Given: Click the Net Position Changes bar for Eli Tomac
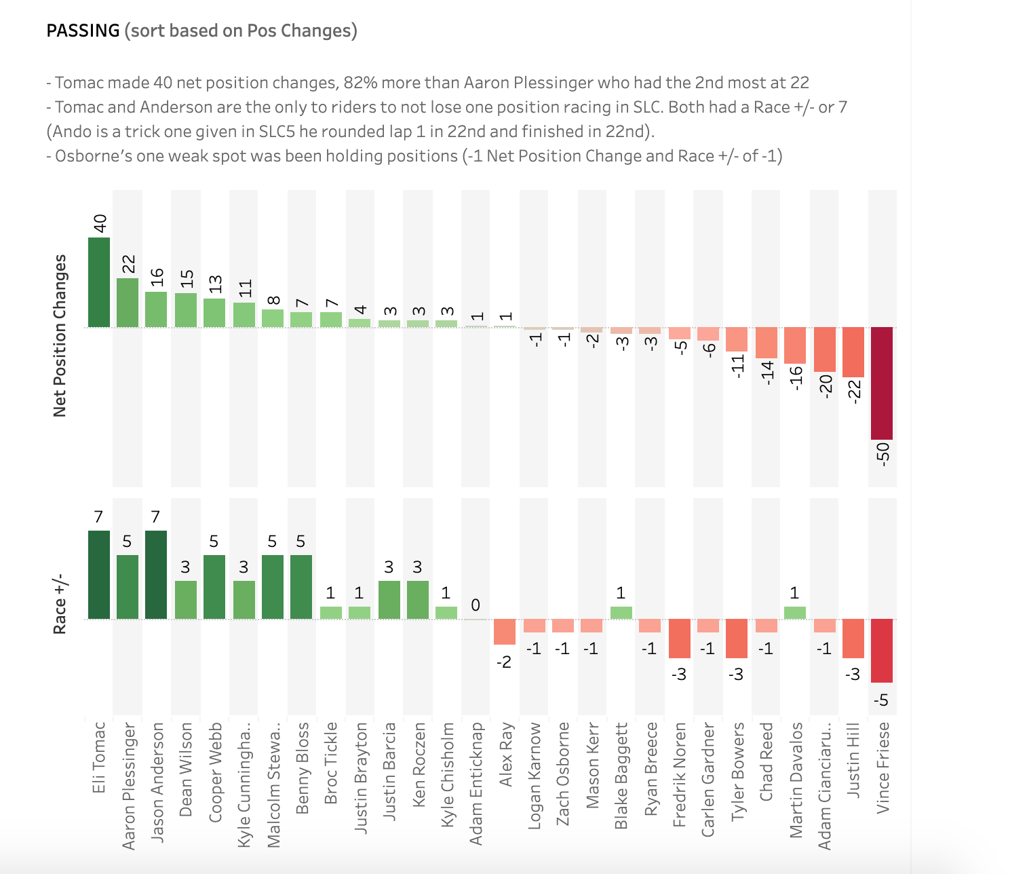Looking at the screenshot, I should pyautogui.click(x=98, y=282).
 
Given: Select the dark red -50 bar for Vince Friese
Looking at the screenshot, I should pyautogui.click(x=881, y=383).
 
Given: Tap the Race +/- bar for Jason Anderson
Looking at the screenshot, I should pyautogui.click(x=156, y=575).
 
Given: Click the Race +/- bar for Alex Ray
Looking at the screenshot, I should pyautogui.click(x=505, y=632).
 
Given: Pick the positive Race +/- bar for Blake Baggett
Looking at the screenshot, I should pyautogui.click(x=621, y=613).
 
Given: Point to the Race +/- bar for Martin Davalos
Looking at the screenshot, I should pyautogui.click(x=794, y=613).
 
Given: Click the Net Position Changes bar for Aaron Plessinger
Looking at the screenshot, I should pyautogui.click(x=128, y=303).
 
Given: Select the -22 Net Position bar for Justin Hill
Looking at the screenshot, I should pyautogui.click(x=853, y=352).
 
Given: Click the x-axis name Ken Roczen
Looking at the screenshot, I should pyautogui.click(x=419, y=764).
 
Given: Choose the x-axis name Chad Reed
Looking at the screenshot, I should pyautogui.click(x=766, y=761).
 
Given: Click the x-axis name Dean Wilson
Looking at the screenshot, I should pyautogui.click(x=186, y=769).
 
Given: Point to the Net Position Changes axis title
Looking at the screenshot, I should pyautogui.click(x=60, y=336).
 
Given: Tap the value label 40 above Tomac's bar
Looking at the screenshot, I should pyautogui.click(x=100, y=223).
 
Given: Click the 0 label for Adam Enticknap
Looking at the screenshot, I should pyautogui.click(x=476, y=605).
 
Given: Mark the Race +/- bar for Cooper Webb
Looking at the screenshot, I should pyautogui.click(x=214, y=587).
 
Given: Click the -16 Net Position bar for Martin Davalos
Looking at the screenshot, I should pyautogui.click(x=794, y=345).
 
